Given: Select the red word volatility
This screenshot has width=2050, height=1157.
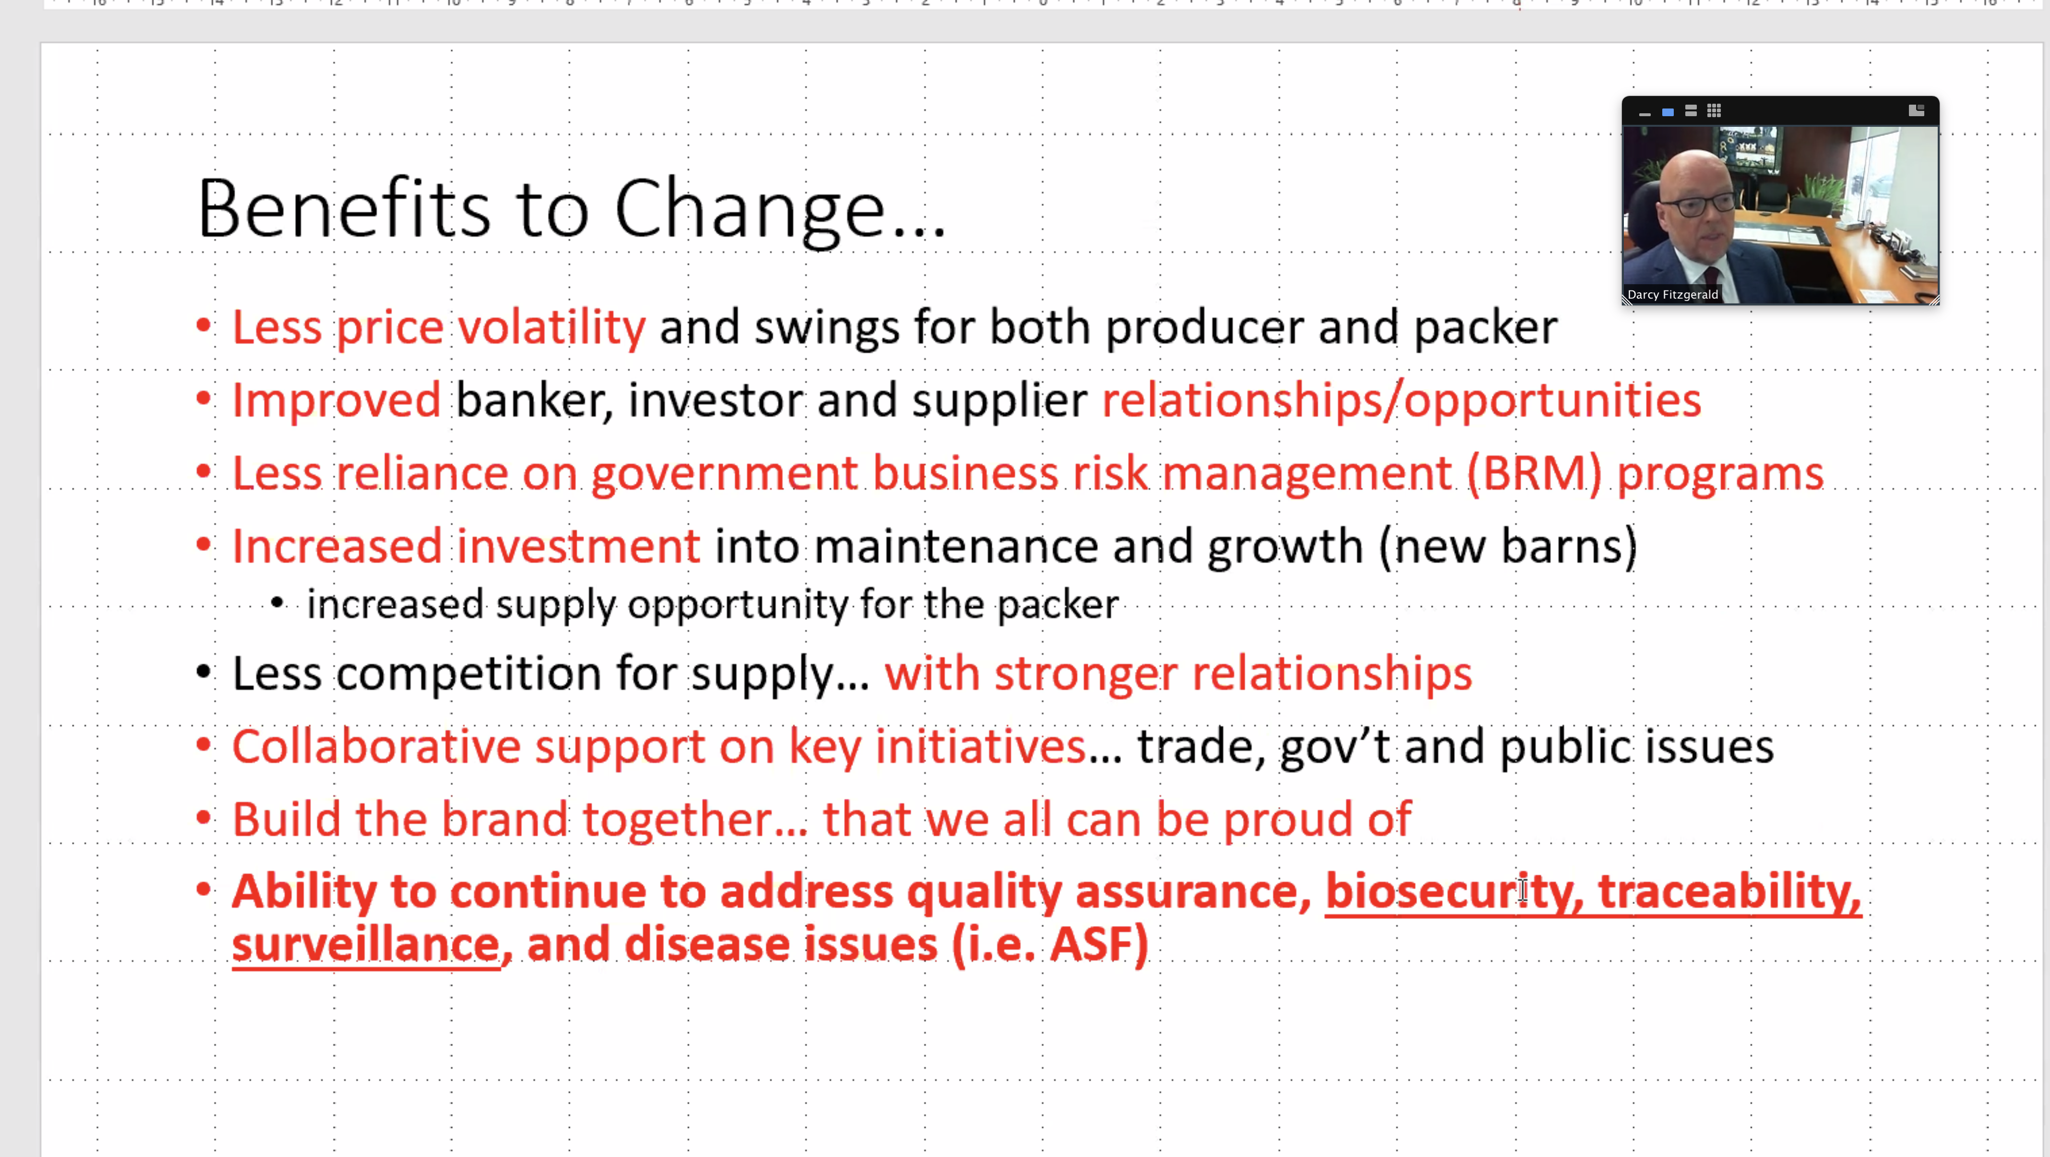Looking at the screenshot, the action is [x=551, y=327].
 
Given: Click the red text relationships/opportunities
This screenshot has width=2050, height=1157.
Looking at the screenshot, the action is [x=1401, y=400].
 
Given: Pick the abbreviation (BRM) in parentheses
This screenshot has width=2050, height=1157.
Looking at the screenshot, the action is [x=1534, y=474].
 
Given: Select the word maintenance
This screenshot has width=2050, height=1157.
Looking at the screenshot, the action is [x=955, y=547].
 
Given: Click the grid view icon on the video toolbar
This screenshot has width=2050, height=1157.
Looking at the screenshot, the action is [x=1714, y=111].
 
